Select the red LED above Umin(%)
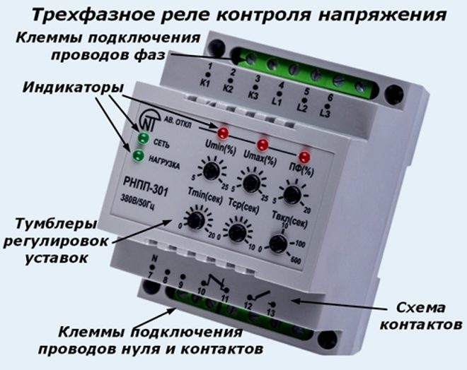coord(224,132)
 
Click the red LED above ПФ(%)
coord(305,156)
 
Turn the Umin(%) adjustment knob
coord(209,170)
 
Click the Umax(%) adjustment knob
coord(249,183)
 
